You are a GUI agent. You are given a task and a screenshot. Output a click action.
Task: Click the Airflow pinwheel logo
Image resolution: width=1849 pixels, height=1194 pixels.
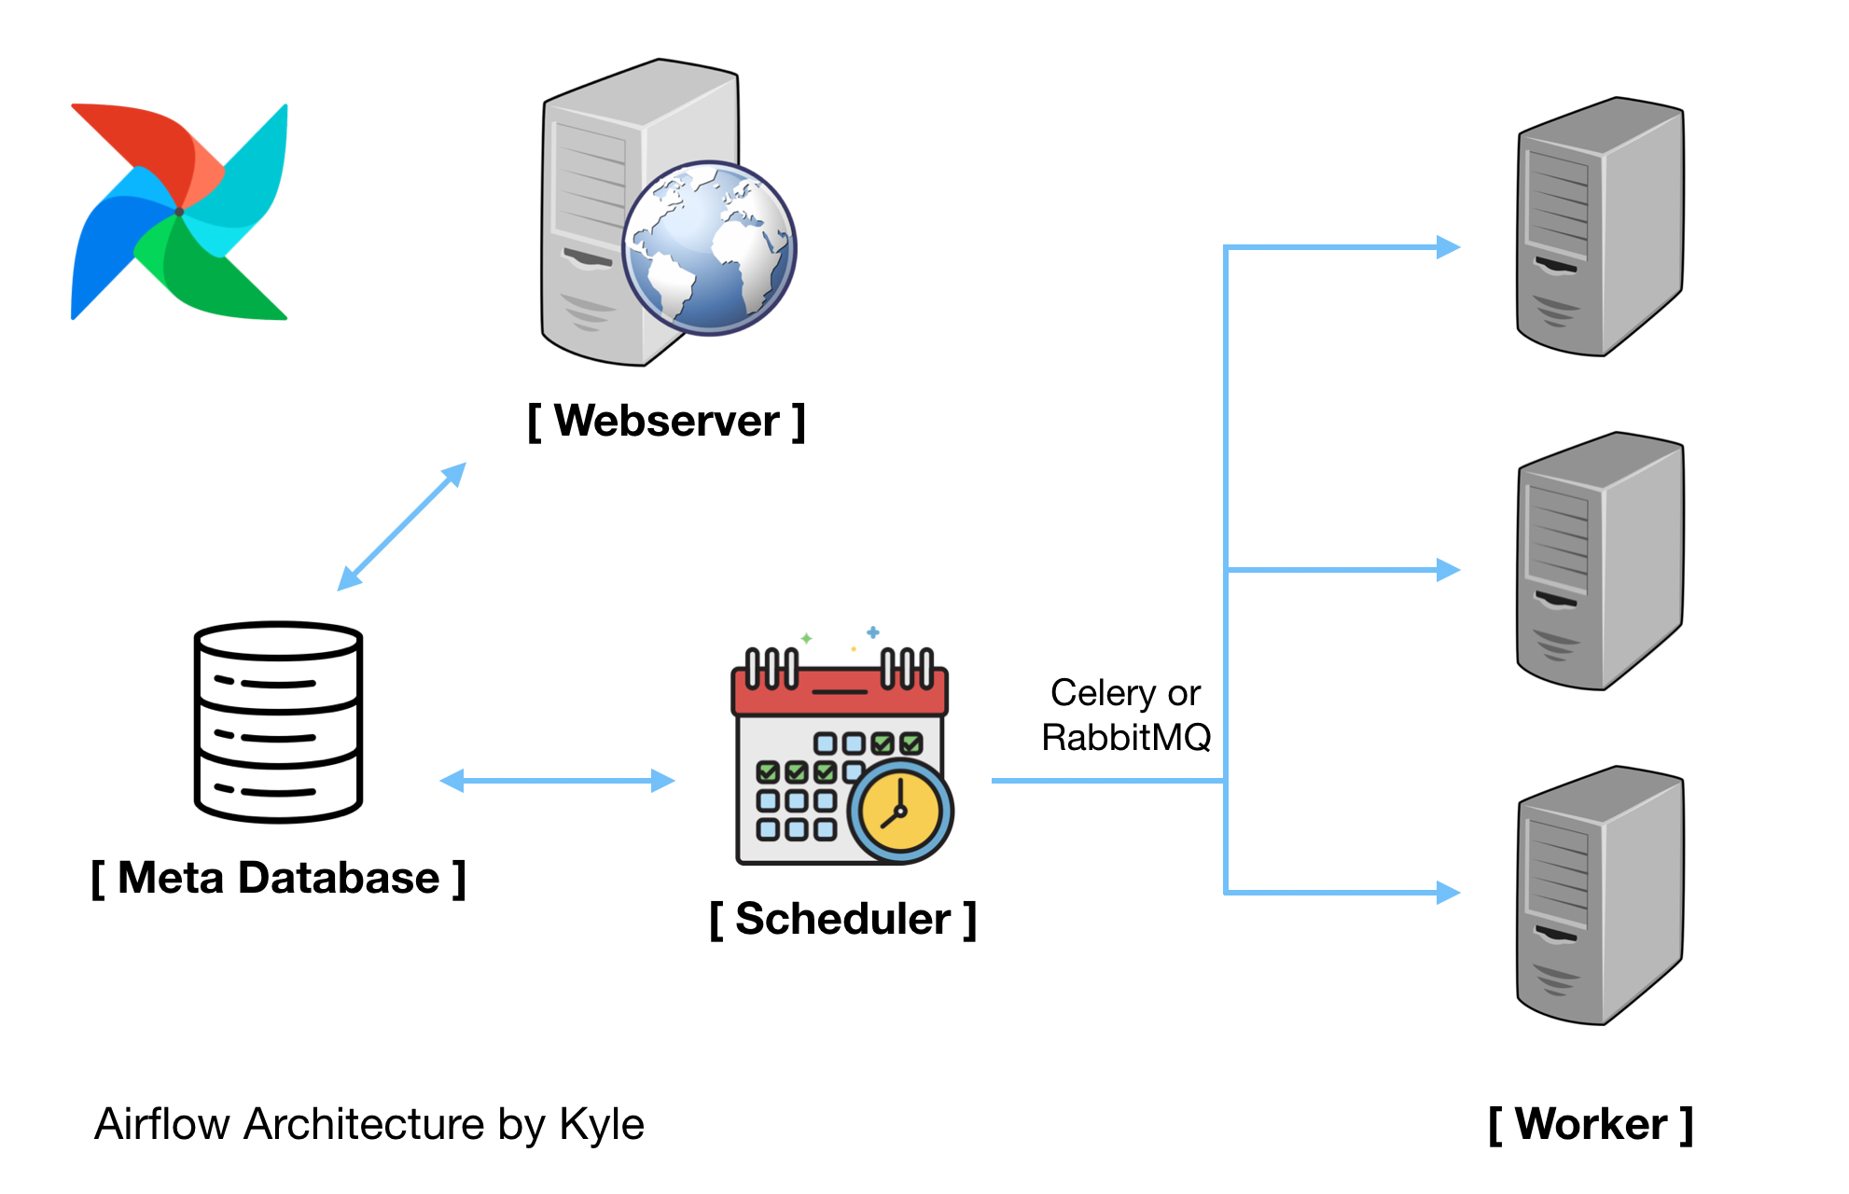click(x=179, y=212)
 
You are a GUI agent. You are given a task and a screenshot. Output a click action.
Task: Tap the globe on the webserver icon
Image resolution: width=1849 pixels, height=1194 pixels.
click(x=710, y=248)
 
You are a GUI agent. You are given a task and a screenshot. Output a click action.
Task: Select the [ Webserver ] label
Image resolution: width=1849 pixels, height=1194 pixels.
click(x=666, y=421)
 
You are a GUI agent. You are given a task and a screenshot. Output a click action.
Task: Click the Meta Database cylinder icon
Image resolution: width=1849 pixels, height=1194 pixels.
click(x=278, y=722)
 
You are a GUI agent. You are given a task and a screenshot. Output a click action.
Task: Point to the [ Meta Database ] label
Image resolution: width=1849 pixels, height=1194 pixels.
click(x=278, y=878)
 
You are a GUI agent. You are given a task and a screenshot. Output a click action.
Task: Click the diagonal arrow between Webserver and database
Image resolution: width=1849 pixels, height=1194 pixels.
click(x=401, y=527)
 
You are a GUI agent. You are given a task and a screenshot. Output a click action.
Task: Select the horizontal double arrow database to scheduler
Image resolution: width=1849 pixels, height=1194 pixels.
click(x=557, y=781)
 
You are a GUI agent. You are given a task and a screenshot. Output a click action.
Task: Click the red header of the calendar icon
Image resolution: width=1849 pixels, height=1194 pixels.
click(x=840, y=690)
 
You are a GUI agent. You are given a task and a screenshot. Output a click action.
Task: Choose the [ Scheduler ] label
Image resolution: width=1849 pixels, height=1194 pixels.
click(x=843, y=919)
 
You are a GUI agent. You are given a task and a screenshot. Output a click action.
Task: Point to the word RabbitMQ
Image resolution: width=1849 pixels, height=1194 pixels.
click(x=1126, y=738)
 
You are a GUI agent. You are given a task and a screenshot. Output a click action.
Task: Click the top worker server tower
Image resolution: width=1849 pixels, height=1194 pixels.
click(x=1601, y=227)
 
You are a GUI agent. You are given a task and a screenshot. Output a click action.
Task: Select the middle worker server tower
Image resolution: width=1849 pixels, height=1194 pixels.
click(x=1601, y=561)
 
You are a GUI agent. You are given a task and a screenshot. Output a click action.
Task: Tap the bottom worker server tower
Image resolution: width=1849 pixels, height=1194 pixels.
click(x=1601, y=895)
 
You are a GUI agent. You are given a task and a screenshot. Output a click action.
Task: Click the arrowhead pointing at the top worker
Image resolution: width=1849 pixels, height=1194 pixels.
click(x=1449, y=247)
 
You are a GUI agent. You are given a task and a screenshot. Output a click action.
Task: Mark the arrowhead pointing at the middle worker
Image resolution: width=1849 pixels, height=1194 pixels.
click(x=1449, y=569)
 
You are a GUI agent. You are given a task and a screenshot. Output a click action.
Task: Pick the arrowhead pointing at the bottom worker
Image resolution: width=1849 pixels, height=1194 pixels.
click(x=1449, y=893)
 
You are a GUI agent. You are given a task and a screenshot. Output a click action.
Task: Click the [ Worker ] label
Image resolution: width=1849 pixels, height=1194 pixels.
click(x=1591, y=1124)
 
